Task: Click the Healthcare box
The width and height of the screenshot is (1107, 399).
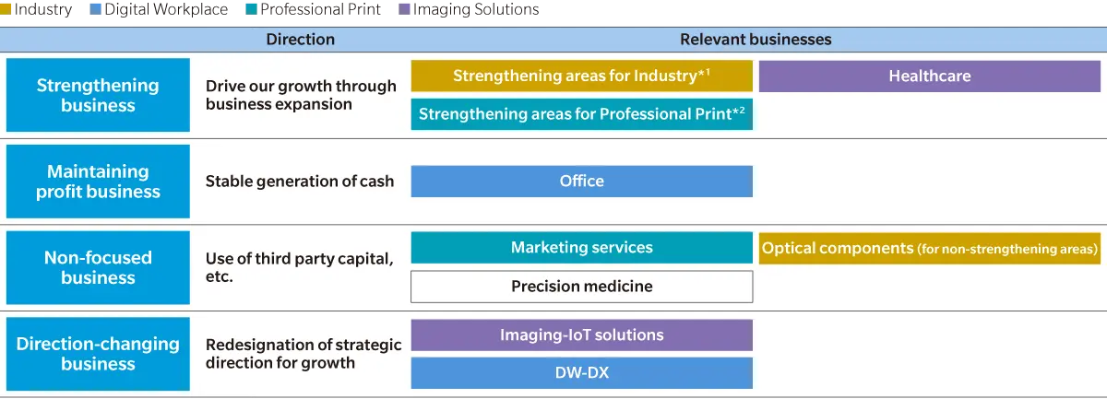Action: tap(930, 76)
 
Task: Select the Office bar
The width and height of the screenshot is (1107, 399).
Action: tap(582, 182)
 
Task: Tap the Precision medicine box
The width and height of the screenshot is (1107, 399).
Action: tap(582, 287)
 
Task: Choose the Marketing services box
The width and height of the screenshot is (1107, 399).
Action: tap(582, 247)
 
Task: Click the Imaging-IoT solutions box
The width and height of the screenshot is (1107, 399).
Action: tap(582, 334)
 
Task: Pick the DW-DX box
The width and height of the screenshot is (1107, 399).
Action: tap(582, 373)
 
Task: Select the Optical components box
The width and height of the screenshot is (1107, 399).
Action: tap(930, 248)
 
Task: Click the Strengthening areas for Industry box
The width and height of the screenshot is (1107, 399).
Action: tap(582, 76)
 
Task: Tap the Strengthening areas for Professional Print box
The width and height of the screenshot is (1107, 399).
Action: tap(582, 114)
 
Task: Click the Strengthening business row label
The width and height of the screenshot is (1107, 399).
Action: tap(98, 95)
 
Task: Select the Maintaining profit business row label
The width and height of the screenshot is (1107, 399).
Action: tap(98, 182)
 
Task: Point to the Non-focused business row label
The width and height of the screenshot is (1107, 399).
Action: tap(98, 267)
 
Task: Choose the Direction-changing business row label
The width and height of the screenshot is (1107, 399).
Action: tap(98, 354)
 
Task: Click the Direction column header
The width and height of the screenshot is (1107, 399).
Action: tap(301, 40)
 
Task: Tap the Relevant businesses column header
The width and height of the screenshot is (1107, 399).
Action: tap(756, 40)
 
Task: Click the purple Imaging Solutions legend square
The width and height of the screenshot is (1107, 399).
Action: tap(404, 9)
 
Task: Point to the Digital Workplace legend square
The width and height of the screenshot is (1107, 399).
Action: tap(95, 9)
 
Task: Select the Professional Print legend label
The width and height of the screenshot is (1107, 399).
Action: tap(320, 9)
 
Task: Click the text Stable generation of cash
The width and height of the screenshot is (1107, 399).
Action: tap(300, 182)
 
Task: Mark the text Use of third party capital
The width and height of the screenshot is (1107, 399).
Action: tap(300, 258)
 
